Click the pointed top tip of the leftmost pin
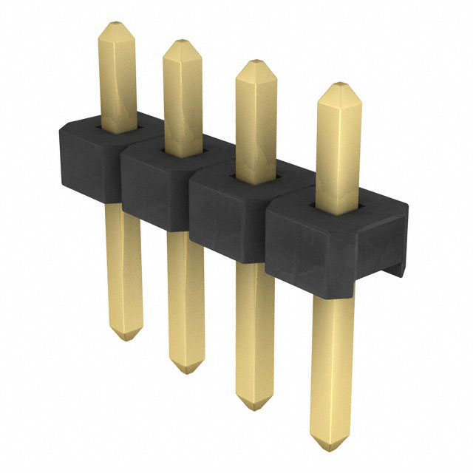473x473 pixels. (x=117, y=24)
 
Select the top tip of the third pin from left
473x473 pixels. (x=255, y=62)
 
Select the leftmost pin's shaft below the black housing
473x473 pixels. (x=124, y=266)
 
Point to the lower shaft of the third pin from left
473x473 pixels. (x=255, y=325)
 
